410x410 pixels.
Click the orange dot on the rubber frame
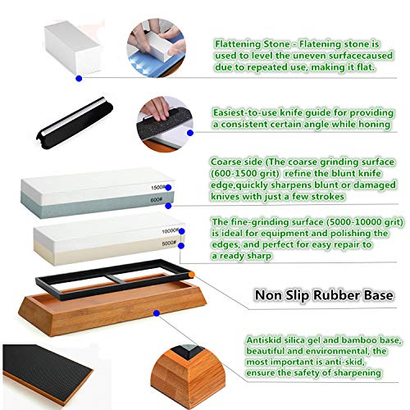192,274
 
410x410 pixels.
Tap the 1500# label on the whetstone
157,188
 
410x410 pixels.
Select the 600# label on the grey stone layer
156,200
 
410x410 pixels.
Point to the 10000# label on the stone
170,231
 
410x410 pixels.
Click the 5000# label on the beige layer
169,243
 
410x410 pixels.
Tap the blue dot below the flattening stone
79,79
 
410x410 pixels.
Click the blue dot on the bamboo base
157,313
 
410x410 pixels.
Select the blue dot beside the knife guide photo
190,133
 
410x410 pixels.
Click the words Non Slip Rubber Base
324,295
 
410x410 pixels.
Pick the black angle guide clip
75,123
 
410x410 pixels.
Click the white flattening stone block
73,47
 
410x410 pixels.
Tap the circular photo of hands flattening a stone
157,48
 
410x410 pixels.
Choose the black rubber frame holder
114,280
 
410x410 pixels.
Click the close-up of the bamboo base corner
188,376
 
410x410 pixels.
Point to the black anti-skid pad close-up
48,375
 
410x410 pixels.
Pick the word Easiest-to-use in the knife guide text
245,112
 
